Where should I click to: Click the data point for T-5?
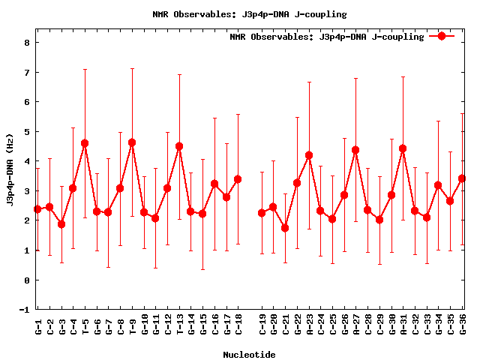pos(85,143)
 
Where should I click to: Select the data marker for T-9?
pos(132,142)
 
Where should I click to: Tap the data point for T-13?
pos(179,146)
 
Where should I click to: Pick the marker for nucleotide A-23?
pos(309,155)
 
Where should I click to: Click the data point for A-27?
pos(355,150)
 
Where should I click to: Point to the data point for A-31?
pos(403,148)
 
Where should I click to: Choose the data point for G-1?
pos(37,209)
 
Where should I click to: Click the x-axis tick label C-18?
pos(238,324)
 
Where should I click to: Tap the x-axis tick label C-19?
pos(262,324)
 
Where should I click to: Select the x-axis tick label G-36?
pos(463,324)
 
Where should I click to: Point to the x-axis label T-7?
pos(109,324)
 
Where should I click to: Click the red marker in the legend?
pos(442,36)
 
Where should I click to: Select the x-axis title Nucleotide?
pos(249,354)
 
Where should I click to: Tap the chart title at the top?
pos(249,13)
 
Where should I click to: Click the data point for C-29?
pos(379,220)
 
